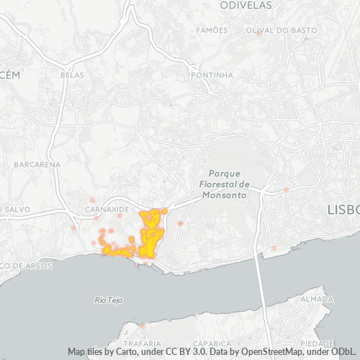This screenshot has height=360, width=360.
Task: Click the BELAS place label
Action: [73, 74]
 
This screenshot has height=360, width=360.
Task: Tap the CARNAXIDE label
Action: [106, 209]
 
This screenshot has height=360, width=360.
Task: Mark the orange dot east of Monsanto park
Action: [286, 189]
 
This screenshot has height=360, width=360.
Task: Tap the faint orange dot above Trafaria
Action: [142, 326]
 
